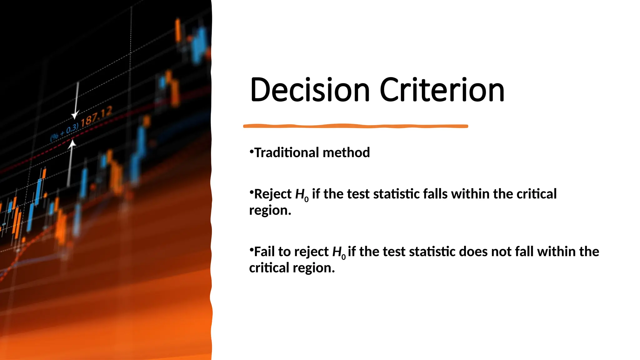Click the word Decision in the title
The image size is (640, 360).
[x=310, y=90]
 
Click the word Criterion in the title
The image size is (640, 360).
[x=442, y=90]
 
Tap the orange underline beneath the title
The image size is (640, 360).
[x=355, y=126]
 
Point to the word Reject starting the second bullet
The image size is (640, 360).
[x=272, y=194]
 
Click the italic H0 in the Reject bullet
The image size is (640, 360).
[x=301, y=195]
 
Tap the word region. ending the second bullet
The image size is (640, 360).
[x=270, y=210]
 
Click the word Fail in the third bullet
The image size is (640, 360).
[x=264, y=252]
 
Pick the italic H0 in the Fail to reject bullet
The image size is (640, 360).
[x=338, y=252]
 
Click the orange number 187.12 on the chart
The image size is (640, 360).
[x=96, y=117]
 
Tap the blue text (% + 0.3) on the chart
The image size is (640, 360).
[x=64, y=133]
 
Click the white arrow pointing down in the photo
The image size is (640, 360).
[x=76, y=103]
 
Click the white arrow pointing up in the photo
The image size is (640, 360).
[x=71, y=162]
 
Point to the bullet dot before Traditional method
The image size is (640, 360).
[x=251, y=151]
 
